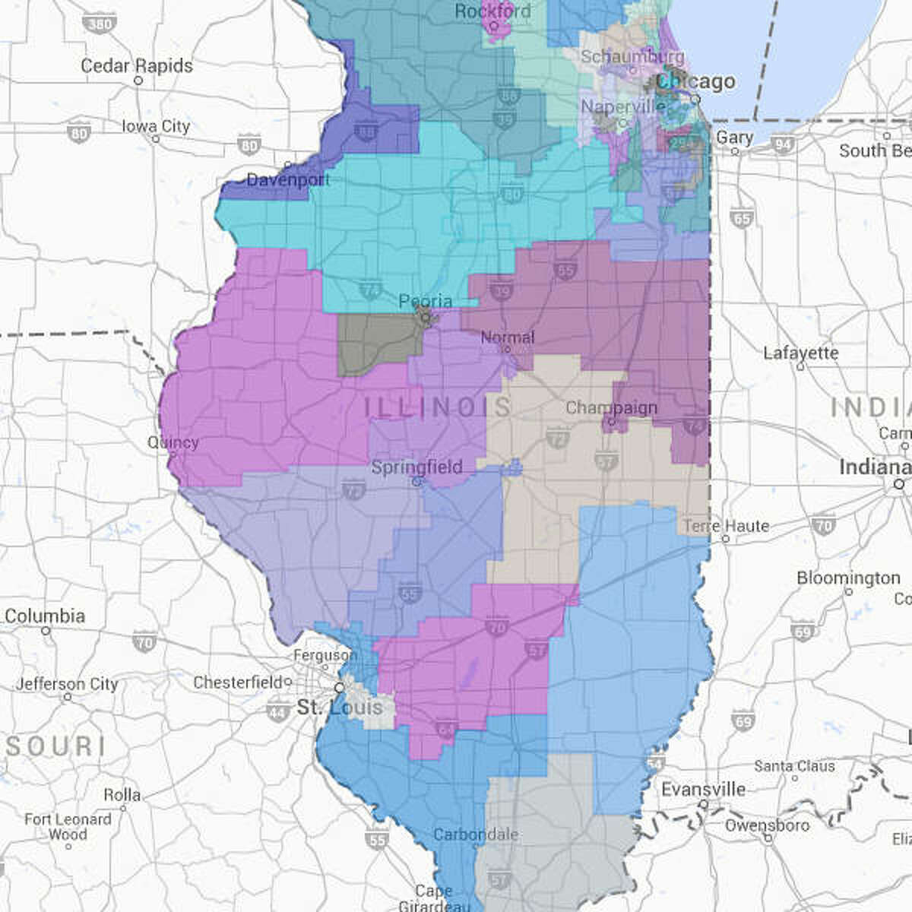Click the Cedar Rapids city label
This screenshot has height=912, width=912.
137,66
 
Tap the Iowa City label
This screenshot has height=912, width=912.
156,126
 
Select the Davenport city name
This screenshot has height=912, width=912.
288,180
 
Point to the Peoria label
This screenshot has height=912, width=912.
426,302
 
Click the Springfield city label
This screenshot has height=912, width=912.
416,467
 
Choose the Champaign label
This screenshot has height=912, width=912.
611,408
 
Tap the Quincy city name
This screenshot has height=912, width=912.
173,442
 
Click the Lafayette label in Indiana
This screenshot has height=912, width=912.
801,353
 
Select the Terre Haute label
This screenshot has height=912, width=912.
726,526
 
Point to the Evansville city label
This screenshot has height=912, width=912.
703,790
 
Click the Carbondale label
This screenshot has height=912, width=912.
476,834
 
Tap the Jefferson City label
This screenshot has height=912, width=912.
67,685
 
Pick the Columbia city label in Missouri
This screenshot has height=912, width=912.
45,616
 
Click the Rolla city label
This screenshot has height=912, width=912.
122,795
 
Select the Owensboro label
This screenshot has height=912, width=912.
767,825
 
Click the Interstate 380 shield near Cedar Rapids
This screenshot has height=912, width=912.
100,23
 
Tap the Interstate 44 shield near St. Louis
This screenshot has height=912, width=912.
278,711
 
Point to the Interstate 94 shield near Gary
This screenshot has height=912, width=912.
783,144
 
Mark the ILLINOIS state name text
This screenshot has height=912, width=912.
437,407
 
